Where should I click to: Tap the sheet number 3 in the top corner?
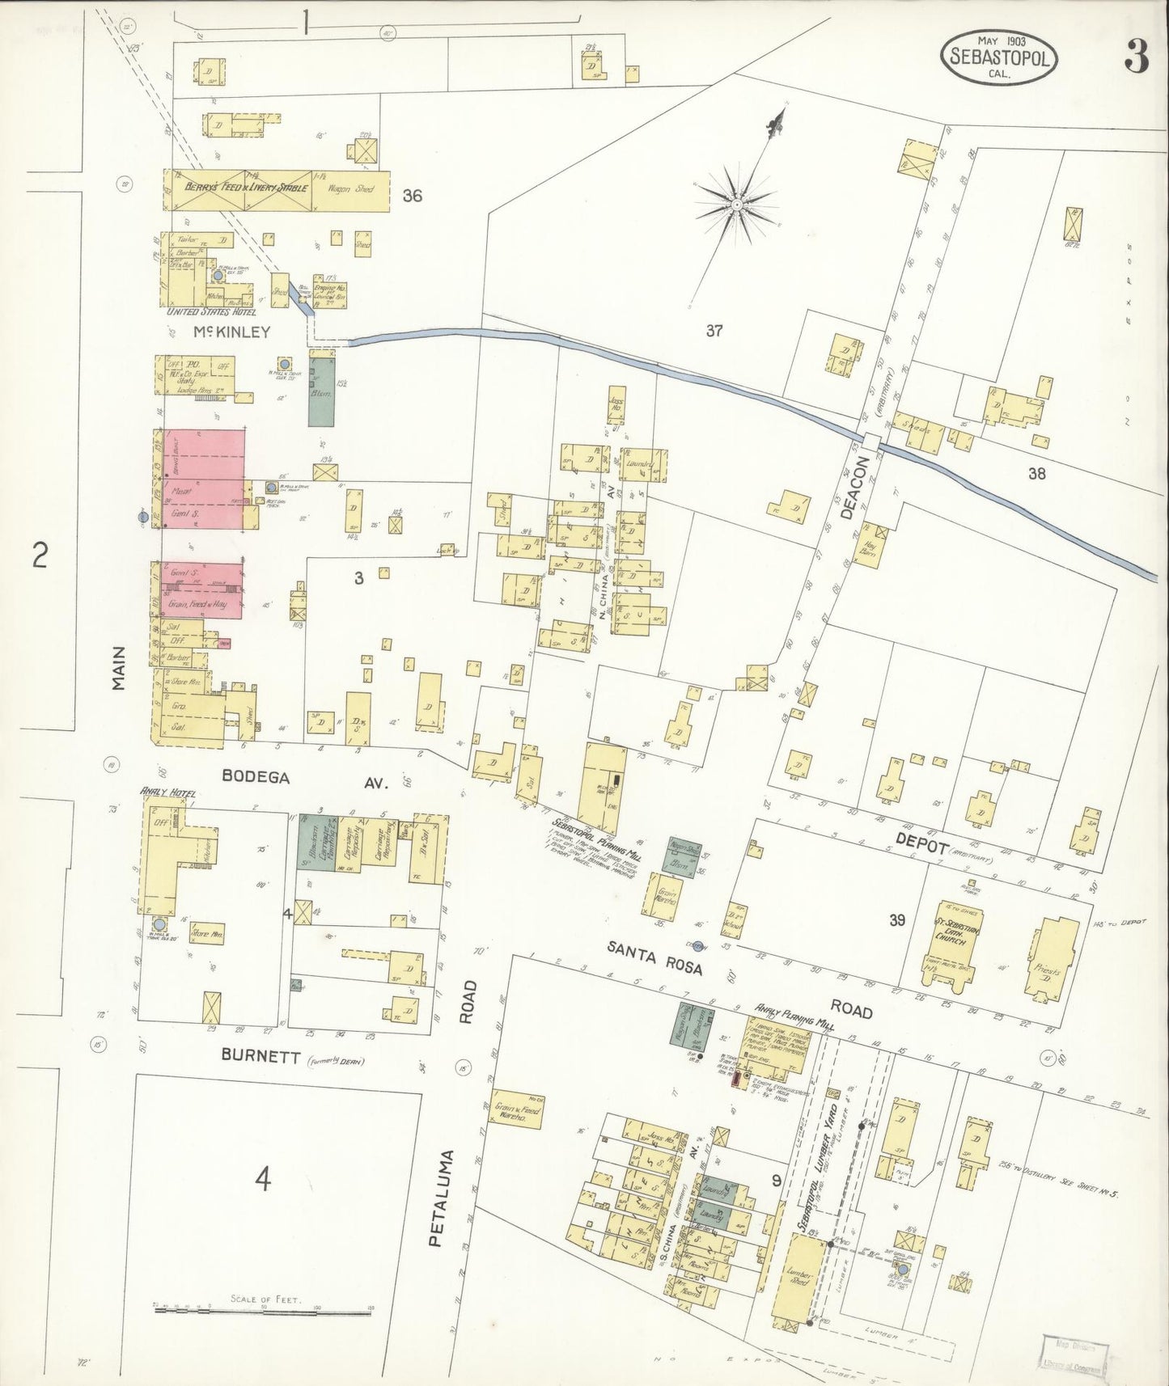click(1136, 57)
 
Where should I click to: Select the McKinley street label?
click(231, 332)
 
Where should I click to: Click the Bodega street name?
click(256, 776)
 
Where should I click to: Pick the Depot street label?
click(921, 839)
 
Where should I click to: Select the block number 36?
click(412, 195)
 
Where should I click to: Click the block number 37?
click(713, 330)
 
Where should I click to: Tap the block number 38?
click(1036, 474)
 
